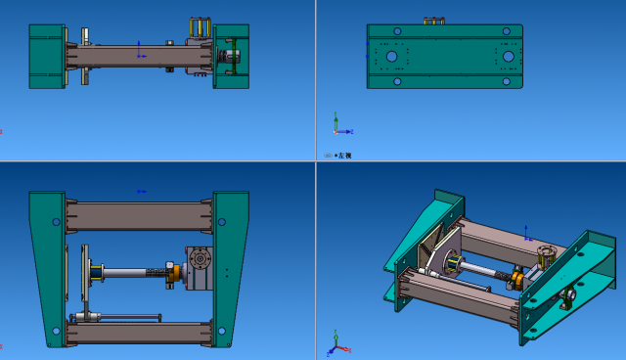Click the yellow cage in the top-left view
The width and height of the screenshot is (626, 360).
pyautogui.click(x=200, y=27)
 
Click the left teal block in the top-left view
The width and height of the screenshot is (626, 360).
pyautogui.click(x=46, y=56)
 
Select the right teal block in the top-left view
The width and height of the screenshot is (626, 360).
pyautogui.click(x=232, y=56)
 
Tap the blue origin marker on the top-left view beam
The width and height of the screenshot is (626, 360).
pyautogui.click(x=140, y=49)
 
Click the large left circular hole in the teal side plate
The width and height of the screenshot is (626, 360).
pyautogui.click(x=391, y=57)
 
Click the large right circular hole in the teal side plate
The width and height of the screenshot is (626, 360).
pyautogui.click(x=509, y=57)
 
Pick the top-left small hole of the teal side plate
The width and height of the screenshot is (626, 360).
pyautogui.click(x=396, y=31)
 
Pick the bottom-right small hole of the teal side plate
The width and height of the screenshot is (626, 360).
pyautogui.click(x=506, y=81)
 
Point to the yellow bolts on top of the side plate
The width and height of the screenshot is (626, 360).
pyautogui.click(x=433, y=21)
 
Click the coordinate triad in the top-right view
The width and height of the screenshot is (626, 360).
pyautogui.click(x=335, y=125)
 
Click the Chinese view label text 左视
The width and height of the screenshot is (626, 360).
pyautogui.click(x=343, y=156)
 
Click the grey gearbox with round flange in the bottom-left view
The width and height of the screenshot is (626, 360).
pyautogui.click(x=200, y=266)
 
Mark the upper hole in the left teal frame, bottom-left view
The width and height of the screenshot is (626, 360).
pyautogui.click(x=56, y=222)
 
